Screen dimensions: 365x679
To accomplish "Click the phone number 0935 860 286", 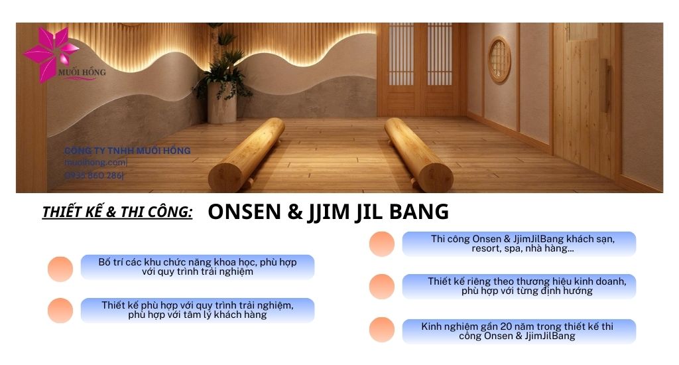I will coord(93,175).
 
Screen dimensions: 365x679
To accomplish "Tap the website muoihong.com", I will coord(95,163).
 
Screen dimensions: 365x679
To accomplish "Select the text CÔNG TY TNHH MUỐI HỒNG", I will coord(127,151).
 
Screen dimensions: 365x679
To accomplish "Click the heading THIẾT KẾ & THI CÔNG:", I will coord(117,212).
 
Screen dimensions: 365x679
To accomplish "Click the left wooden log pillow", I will coord(246,153).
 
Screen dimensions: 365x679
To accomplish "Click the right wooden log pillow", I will coord(418,153).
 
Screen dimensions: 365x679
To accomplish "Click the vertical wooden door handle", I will coord(605,85).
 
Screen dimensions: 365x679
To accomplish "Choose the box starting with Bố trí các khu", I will coord(197,267).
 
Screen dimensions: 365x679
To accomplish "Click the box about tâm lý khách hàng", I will coord(197,310).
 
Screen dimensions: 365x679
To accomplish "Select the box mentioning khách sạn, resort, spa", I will coord(519,244).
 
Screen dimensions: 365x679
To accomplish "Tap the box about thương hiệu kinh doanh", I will coord(519,286).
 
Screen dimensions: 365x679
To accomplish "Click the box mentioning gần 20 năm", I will coord(519,331).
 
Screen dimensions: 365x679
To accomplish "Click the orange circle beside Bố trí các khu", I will coord(60,269).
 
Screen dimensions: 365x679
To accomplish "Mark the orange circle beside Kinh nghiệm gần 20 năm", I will coord(382,330).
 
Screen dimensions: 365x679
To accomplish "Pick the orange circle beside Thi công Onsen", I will coord(382,244).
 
